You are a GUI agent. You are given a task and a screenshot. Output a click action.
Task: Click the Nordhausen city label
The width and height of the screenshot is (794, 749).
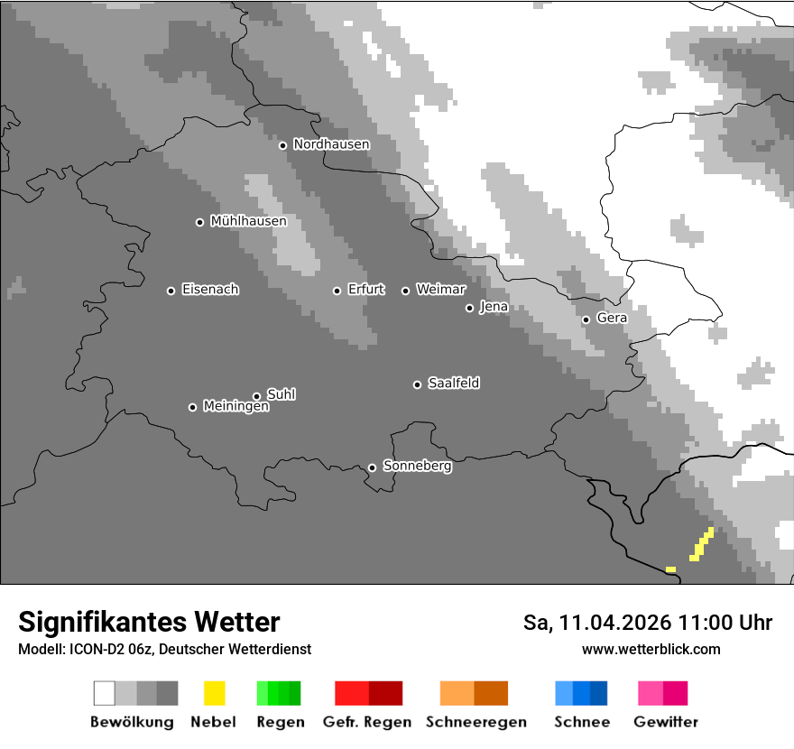[331, 144]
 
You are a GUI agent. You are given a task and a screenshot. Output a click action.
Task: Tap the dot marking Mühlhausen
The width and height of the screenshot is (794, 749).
[200, 222]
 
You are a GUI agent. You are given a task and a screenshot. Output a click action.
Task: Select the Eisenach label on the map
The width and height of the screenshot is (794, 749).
[210, 290]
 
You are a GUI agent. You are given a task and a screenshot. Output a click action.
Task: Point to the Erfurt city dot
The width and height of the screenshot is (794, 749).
[337, 291]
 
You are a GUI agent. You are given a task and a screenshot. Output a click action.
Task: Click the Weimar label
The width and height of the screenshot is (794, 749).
[441, 290]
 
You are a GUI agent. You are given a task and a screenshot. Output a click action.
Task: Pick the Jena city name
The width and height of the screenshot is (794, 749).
[494, 307]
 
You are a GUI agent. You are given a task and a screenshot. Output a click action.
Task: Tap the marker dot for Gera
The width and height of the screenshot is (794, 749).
[586, 319]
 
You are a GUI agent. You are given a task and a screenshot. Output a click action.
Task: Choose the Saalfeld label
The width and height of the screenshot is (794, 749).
[454, 384]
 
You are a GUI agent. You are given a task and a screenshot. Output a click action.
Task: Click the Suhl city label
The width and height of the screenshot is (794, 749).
[282, 394]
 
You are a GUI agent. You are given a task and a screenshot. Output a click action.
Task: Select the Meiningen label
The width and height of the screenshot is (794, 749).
[235, 407]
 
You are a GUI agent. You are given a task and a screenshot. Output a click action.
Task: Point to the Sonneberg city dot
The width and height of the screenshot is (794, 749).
[372, 467]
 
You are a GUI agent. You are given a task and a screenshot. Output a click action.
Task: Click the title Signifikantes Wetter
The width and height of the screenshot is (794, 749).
[149, 623]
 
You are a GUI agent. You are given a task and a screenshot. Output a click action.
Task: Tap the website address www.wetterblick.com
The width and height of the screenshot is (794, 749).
[651, 649]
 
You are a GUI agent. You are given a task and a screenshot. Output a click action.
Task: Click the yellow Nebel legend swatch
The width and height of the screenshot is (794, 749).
[214, 693]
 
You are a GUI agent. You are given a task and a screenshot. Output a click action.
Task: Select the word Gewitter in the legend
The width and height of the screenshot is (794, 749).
[666, 722]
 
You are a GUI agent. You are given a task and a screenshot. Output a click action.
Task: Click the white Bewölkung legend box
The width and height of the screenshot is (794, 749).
[105, 693]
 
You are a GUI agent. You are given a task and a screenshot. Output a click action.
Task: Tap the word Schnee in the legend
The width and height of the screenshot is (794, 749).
[582, 722]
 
